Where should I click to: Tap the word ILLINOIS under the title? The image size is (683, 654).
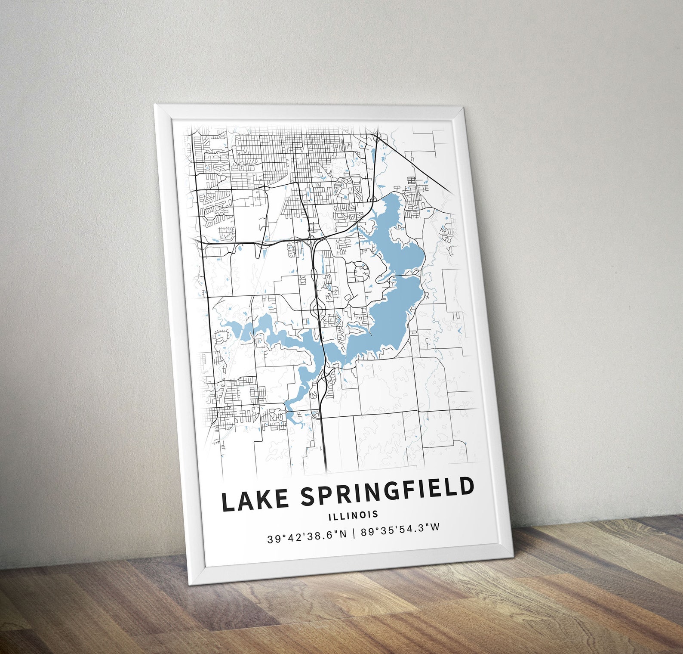tap(353, 514)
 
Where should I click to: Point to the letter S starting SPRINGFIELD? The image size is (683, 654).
tap(308, 497)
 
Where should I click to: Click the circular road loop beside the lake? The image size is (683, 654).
tap(360, 272)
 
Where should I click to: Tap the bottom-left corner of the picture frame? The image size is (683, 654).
tap(189, 584)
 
